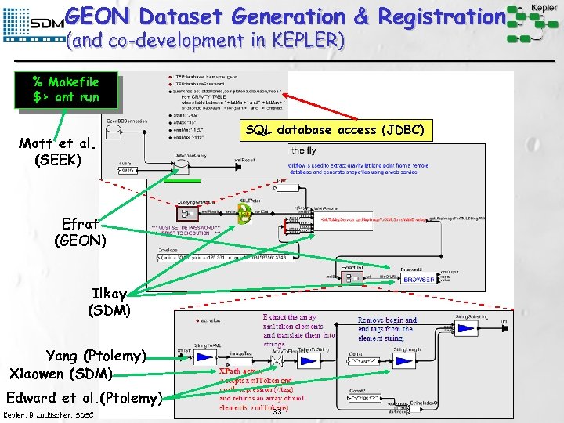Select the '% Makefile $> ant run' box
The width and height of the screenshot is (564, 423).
coord(66,90)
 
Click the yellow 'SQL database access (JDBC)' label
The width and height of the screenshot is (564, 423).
coord(335,130)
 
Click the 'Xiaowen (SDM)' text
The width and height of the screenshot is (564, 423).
coord(61,373)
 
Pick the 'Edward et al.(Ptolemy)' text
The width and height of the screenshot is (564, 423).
coord(84,396)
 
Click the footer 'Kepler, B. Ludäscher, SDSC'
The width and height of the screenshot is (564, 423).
coord(49,414)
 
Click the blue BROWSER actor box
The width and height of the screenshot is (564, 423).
coord(419,279)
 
